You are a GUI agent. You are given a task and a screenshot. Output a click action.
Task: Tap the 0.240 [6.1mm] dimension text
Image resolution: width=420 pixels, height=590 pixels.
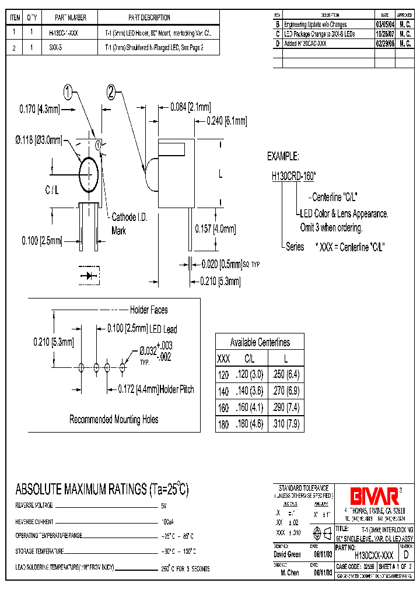[x=227, y=121]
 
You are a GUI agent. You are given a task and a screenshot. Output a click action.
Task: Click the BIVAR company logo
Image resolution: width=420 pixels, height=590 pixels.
[x=374, y=496]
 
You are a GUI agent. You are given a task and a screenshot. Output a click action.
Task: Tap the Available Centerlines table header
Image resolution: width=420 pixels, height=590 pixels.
[x=260, y=342]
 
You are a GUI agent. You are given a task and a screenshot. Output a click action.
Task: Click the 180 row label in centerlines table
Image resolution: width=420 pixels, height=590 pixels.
[x=223, y=424]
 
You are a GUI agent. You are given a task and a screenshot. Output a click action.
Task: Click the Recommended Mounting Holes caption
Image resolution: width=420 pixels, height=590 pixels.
[x=114, y=419]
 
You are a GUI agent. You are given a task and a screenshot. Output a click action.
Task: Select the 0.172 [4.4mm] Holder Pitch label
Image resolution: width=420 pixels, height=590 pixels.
[x=156, y=389]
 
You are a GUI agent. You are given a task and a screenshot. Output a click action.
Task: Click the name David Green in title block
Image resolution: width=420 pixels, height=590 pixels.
[x=287, y=554]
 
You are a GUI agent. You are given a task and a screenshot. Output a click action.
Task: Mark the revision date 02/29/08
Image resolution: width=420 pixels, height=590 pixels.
[x=384, y=43]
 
